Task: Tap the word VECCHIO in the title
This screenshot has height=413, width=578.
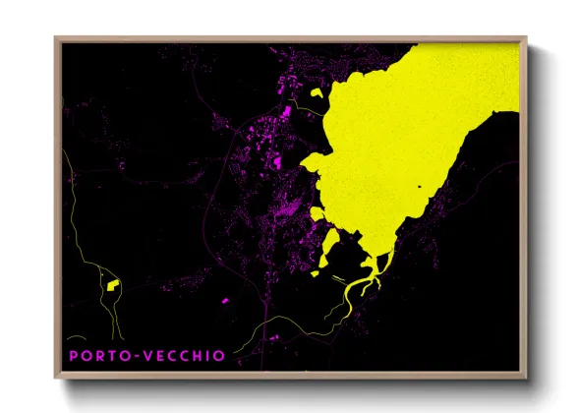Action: coord(184,355)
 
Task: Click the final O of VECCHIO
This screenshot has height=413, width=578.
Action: coord(219,355)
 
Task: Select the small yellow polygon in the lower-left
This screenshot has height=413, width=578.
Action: coord(111,286)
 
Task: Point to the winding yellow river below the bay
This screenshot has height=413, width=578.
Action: coord(359,289)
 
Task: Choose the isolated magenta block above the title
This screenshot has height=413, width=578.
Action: coord(225,299)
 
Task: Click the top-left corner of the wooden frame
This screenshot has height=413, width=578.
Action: coord(56,38)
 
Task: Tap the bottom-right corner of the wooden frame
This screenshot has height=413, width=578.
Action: coord(526,377)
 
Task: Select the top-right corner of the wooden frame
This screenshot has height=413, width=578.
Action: coord(526,38)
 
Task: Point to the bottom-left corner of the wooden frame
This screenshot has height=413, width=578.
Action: coord(56,377)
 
